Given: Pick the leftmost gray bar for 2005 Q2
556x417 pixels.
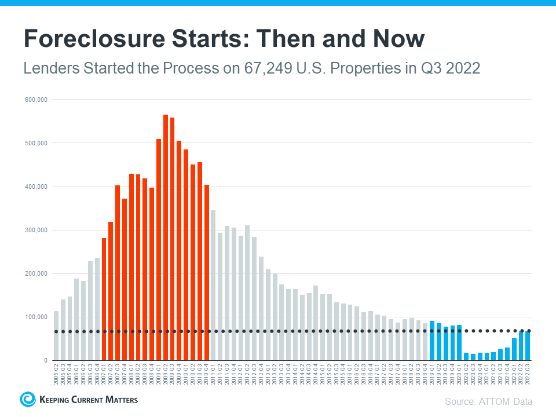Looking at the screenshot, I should pyautogui.click(x=56, y=336).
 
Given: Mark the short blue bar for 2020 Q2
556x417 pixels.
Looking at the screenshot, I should pyautogui.click(x=466, y=356).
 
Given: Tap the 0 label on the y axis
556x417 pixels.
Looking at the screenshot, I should pyautogui.click(x=45, y=360).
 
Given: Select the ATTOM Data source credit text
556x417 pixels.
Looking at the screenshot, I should pyautogui.click(x=488, y=401).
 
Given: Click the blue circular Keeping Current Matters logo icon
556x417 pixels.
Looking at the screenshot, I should pyautogui.click(x=27, y=399).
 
